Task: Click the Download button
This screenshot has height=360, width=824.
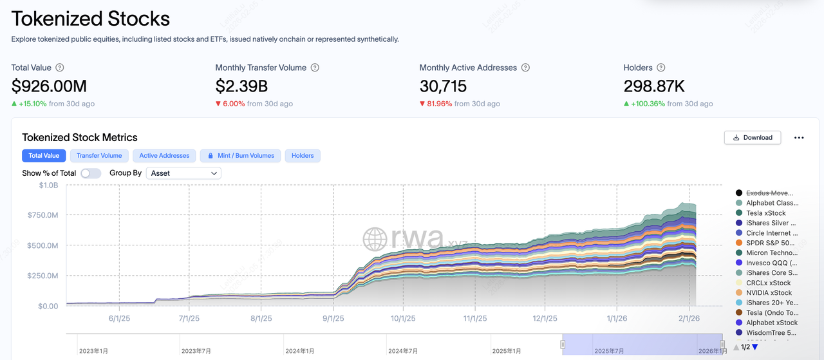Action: (753, 137)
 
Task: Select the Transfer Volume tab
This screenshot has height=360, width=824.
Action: (99, 155)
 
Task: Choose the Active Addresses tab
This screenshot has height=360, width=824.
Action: (164, 155)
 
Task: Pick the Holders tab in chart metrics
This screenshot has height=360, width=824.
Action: (303, 155)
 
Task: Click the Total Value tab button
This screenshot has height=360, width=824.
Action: (44, 155)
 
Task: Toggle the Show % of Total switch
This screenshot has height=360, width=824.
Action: (91, 173)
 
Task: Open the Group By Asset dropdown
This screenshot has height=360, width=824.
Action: (183, 173)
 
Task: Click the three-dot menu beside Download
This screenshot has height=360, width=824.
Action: (799, 137)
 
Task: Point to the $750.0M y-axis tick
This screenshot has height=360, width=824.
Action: (42, 215)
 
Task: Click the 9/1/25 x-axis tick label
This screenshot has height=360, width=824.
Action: (333, 318)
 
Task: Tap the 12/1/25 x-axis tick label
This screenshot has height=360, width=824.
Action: (545, 318)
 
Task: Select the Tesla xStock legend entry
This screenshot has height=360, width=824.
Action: (765, 213)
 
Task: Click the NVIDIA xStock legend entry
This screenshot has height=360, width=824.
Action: (769, 293)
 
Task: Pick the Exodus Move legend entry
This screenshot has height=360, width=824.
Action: (769, 193)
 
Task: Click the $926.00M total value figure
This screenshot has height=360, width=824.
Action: (49, 86)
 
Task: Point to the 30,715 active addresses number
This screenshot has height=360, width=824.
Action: (443, 86)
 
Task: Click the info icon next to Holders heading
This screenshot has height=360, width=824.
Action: (661, 68)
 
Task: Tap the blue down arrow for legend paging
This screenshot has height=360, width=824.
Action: (755, 347)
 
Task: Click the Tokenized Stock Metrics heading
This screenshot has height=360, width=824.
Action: (80, 137)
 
